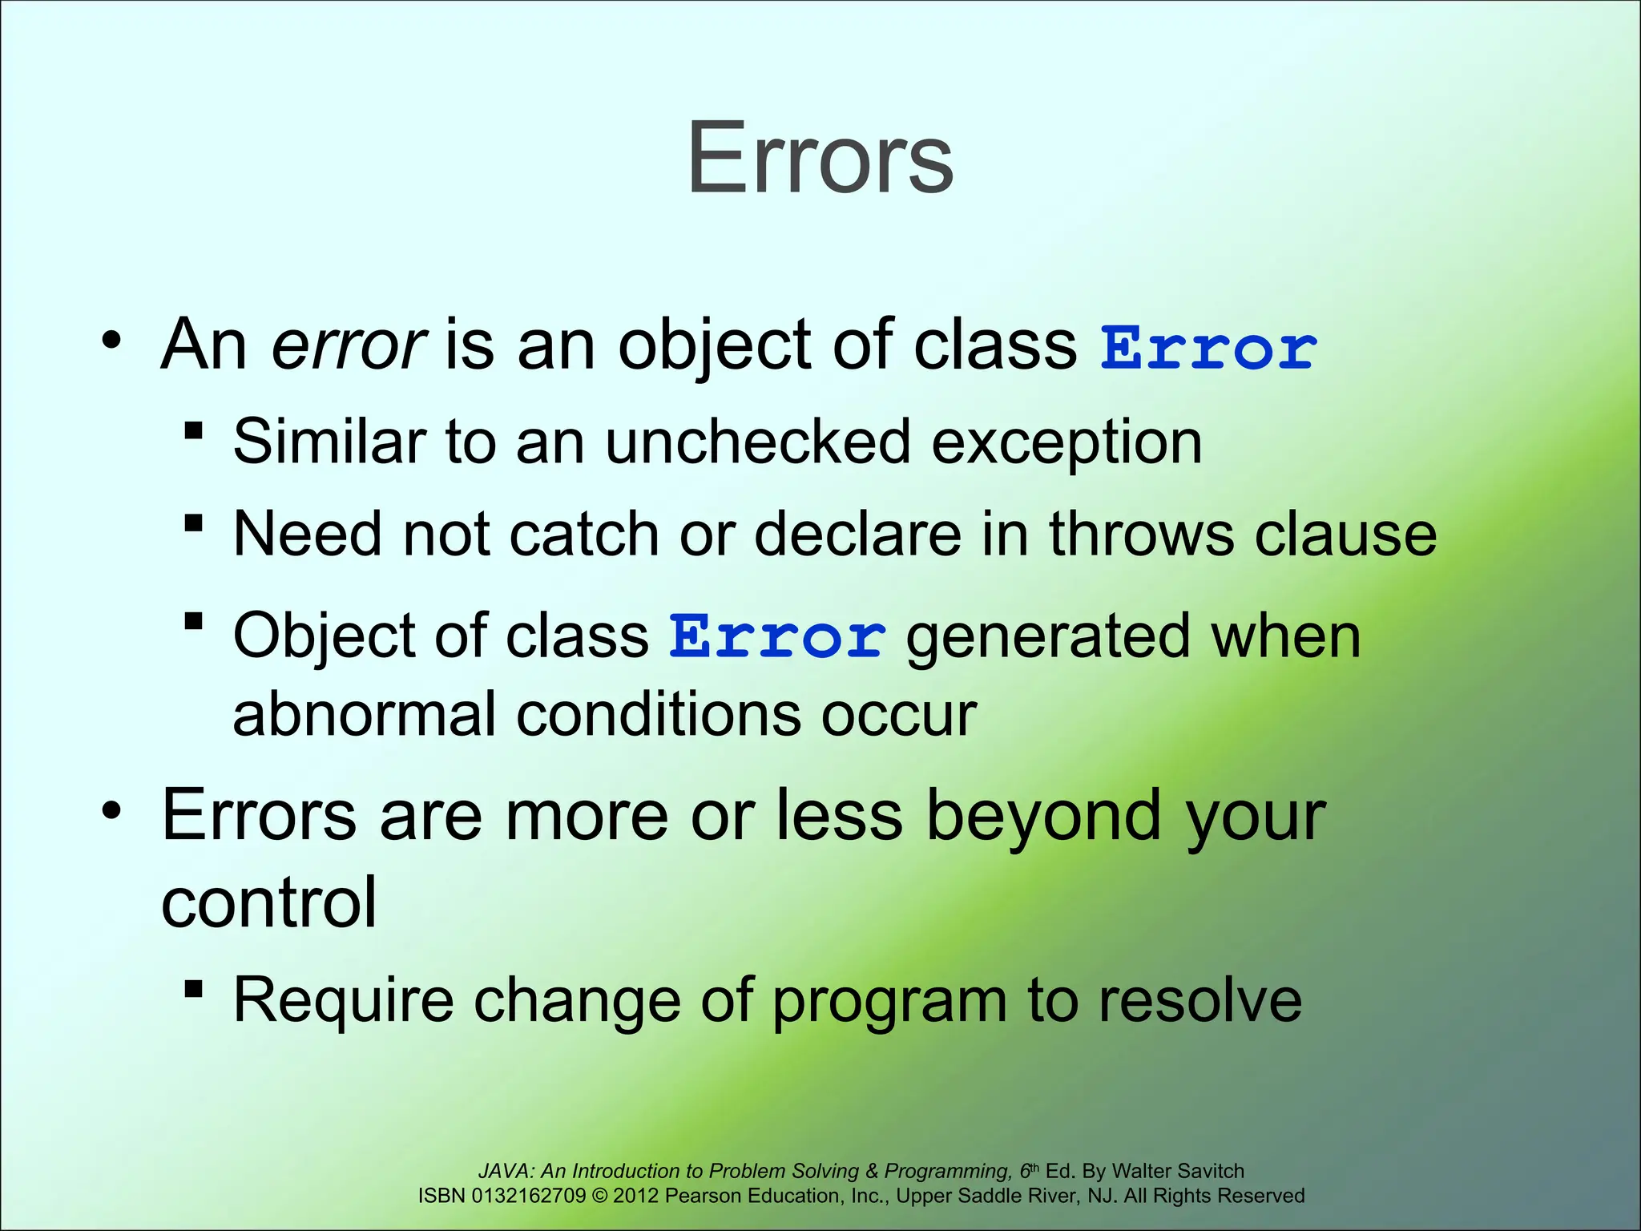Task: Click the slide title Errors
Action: coord(820,158)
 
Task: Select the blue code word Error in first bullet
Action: coord(1208,349)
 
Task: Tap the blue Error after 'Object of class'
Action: coord(777,638)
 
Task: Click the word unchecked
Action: coord(757,442)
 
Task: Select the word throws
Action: coord(1142,534)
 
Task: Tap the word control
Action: coord(268,902)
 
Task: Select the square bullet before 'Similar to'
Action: coord(193,431)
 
